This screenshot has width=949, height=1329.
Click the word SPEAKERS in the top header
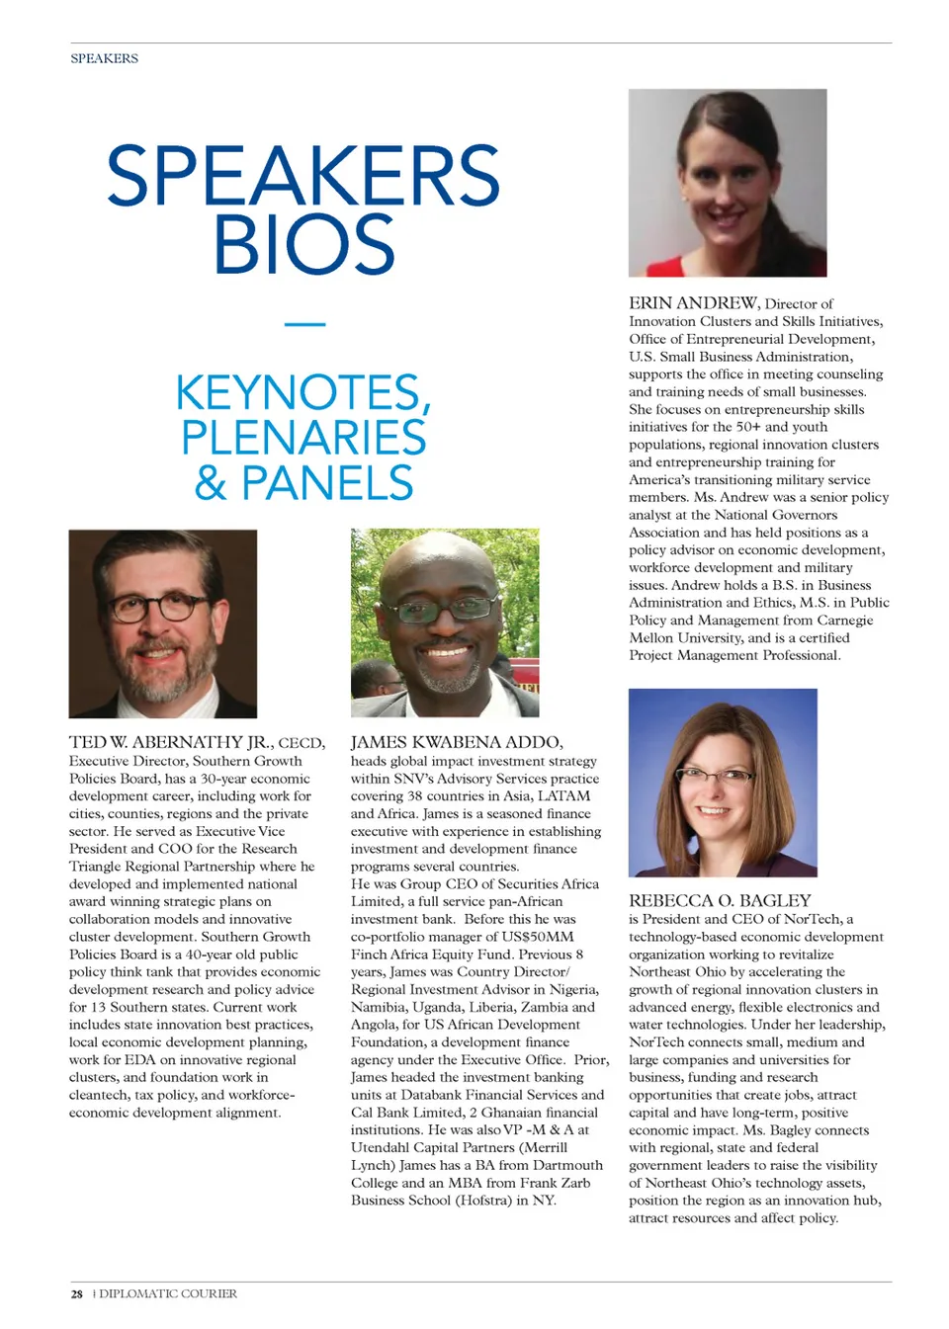tap(104, 58)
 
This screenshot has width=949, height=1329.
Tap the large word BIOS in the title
tap(304, 245)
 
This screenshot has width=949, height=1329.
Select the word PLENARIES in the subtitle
tap(303, 438)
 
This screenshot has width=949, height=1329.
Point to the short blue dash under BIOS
tap(304, 324)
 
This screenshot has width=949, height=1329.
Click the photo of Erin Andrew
tap(728, 183)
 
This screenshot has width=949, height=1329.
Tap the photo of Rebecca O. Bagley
tap(723, 782)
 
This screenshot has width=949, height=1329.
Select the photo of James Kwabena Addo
tap(445, 623)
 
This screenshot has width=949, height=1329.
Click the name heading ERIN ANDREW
tap(693, 303)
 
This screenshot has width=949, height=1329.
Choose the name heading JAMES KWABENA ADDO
tap(456, 742)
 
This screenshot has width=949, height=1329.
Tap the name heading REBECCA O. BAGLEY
tap(720, 901)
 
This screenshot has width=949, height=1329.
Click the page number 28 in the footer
tap(77, 1293)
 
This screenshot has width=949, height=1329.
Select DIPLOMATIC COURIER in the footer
tap(168, 1293)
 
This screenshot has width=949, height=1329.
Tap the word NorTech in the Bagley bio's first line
tap(811, 919)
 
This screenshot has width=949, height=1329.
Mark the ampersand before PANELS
tap(211, 483)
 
